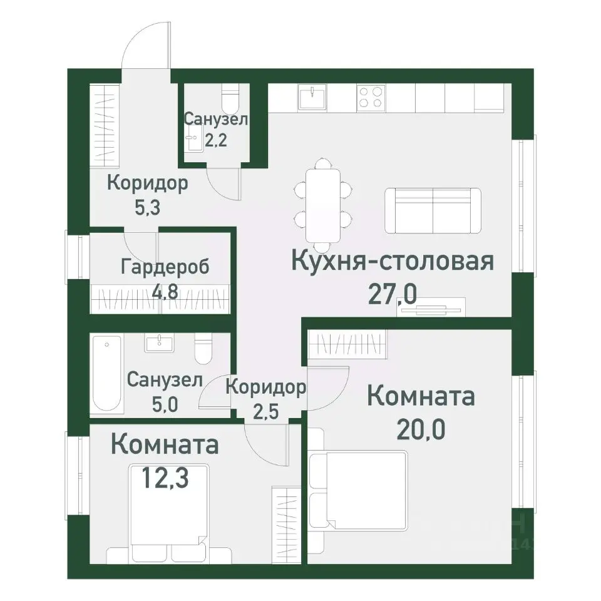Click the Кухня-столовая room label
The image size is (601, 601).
(393, 261)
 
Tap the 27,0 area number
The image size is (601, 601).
(392, 293)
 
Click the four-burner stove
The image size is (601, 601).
(370, 97)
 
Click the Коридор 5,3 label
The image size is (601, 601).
(148, 194)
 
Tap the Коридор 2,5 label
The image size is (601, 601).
(265, 398)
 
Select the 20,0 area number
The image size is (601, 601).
(421, 430)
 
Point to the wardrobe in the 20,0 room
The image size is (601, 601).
(347, 345)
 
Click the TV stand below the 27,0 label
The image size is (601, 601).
(431, 308)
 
